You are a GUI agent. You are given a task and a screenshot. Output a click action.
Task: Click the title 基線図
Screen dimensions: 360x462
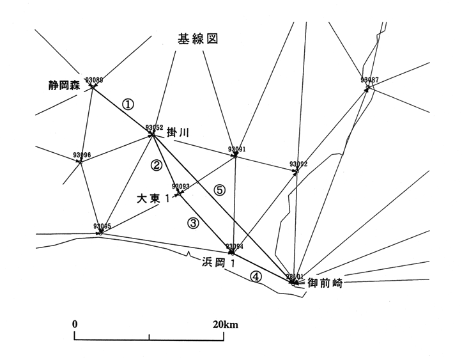(x=198, y=39)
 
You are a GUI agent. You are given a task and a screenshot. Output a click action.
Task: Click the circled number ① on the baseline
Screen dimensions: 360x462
(x=128, y=104)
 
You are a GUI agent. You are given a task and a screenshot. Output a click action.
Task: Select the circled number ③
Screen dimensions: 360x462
(x=193, y=223)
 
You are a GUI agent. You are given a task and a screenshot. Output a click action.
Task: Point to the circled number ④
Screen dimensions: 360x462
(x=255, y=277)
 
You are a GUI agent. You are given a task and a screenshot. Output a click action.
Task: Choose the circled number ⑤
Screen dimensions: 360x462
(x=220, y=190)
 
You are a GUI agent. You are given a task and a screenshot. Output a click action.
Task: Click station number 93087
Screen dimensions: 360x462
(x=369, y=81)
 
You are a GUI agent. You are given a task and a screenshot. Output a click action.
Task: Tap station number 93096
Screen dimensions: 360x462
(x=82, y=155)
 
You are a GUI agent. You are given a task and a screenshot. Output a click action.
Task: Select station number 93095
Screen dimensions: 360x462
(x=102, y=226)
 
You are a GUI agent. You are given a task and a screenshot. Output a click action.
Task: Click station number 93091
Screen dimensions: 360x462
(x=236, y=150)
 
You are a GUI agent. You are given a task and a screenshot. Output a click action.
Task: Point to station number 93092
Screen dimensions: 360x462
(x=298, y=164)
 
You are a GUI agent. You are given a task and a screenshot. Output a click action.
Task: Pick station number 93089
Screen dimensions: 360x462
(x=93, y=80)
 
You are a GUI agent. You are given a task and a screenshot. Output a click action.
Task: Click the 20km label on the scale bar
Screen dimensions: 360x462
(x=226, y=324)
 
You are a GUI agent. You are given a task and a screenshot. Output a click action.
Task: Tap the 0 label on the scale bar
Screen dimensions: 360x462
(x=75, y=324)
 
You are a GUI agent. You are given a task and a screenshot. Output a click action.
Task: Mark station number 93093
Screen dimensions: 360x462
(x=181, y=186)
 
